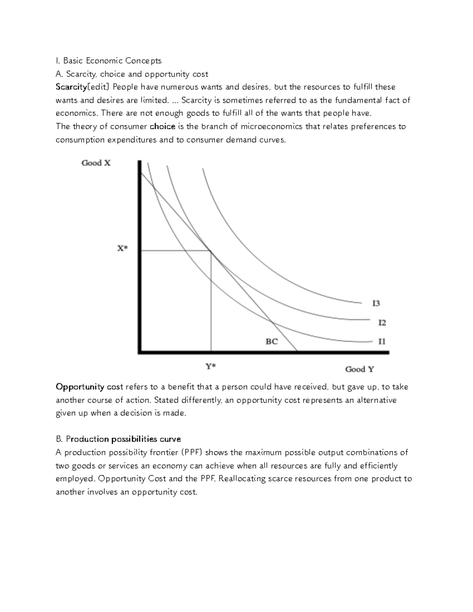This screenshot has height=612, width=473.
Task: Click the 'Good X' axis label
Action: (x=96, y=163)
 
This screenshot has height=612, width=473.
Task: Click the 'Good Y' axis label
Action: (x=359, y=369)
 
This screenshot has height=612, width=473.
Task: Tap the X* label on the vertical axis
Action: (x=122, y=249)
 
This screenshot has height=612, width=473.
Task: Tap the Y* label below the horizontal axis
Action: (x=210, y=366)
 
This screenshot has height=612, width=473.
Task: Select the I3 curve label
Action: (x=376, y=303)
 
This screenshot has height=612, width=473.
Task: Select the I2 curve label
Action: (x=382, y=323)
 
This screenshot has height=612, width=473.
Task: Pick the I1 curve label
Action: (x=382, y=341)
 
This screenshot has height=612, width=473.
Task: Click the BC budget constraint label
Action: (x=272, y=341)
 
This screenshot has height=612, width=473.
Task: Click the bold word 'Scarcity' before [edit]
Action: (x=71, y=87)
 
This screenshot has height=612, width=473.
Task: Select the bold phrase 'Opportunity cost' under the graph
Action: (x=89, y=387)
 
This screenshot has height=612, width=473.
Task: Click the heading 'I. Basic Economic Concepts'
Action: (x=108, y=61)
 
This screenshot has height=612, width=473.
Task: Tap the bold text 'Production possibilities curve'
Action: (x=123, y=439)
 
